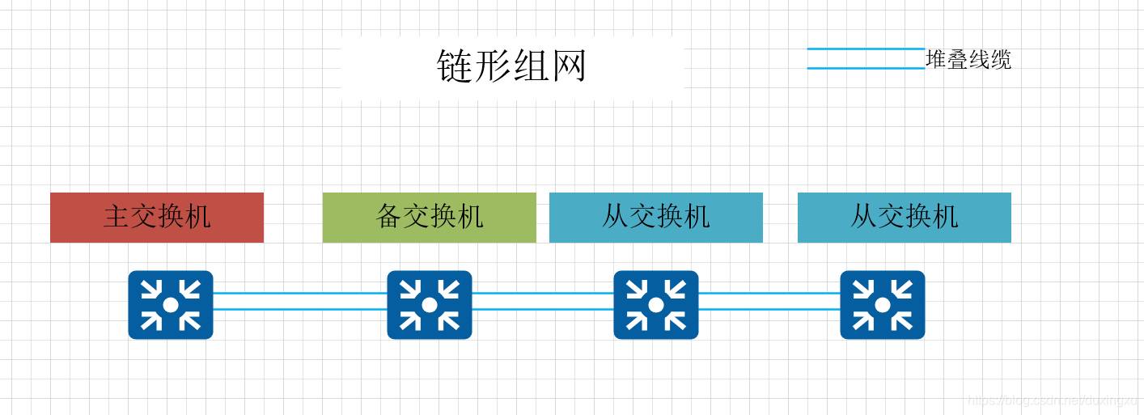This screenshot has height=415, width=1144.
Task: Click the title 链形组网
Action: pos(511,66)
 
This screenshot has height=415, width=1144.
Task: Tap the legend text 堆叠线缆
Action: pos(968,60)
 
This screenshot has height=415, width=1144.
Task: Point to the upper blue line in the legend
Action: pos(866,49)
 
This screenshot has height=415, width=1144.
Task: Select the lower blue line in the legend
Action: pos(866,68)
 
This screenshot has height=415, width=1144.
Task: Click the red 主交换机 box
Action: pos(157,217)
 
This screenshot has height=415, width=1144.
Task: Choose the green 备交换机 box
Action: pos(429,217)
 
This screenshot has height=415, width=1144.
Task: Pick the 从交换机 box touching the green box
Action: pos(655,217)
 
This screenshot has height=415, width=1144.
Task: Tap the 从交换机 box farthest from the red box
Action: pos(904,217)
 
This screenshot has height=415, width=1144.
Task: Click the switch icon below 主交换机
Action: pos(170,304)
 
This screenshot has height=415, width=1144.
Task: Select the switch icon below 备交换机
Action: pos(429,304)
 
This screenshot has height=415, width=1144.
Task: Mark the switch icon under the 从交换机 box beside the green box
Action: pos(655,304)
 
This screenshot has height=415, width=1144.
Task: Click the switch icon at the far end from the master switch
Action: pos(882,304)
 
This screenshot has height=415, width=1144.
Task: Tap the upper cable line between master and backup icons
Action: pos(299,294)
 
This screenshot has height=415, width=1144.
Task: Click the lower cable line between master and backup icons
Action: pos(299,309)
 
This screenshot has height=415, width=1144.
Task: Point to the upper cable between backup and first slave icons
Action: pos(542,294)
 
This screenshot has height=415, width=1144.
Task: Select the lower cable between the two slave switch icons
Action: pos(769,309)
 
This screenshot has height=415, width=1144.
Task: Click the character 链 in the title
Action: pos(455,66)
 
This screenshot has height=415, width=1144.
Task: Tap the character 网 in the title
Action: pos(568,66)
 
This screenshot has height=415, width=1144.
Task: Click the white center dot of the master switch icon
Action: pos(170,304)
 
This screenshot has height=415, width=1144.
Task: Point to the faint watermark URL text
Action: pos(1052,400)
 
